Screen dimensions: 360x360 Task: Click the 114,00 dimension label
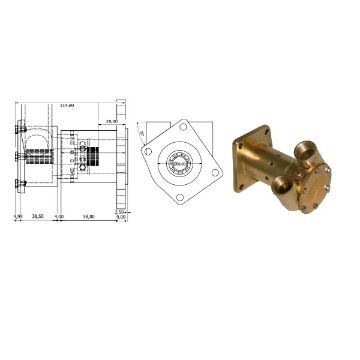tap(67, 102)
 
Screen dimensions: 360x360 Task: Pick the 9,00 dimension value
tap(119, 217)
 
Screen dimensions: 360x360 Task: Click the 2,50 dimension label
tap(119, 211)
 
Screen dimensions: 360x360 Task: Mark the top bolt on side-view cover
tap(19, 127)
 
